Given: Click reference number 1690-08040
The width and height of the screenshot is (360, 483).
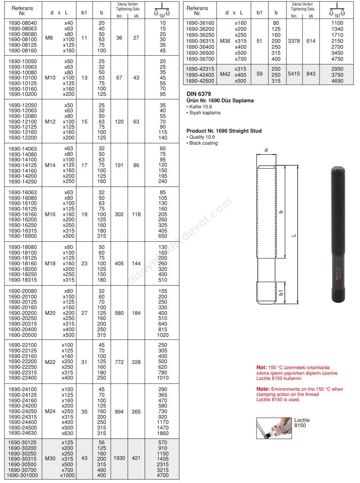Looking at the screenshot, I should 22,23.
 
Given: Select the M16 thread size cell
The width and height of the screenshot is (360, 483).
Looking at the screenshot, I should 50,214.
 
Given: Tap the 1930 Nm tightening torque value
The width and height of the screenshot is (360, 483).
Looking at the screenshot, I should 119,458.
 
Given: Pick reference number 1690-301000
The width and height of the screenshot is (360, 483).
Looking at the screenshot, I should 22,475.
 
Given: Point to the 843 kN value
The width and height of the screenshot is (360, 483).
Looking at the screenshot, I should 311,74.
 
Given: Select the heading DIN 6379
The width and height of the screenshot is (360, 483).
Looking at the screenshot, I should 199,94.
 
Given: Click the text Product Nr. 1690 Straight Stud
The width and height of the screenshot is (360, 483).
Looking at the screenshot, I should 224,131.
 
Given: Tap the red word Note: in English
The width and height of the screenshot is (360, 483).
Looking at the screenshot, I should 263,389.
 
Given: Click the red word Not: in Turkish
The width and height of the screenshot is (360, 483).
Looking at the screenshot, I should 261,368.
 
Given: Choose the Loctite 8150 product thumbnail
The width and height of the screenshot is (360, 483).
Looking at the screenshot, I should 274,428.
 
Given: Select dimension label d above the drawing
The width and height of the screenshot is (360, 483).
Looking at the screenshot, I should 266,151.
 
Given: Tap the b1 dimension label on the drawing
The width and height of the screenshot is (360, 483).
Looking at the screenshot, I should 281,293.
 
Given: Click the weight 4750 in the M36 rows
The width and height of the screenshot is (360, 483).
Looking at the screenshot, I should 337,59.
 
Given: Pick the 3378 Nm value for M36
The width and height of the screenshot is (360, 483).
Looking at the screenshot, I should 294,41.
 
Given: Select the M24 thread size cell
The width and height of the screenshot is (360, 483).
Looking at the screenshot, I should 50,411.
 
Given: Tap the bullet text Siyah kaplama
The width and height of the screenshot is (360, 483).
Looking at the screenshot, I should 205,113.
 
